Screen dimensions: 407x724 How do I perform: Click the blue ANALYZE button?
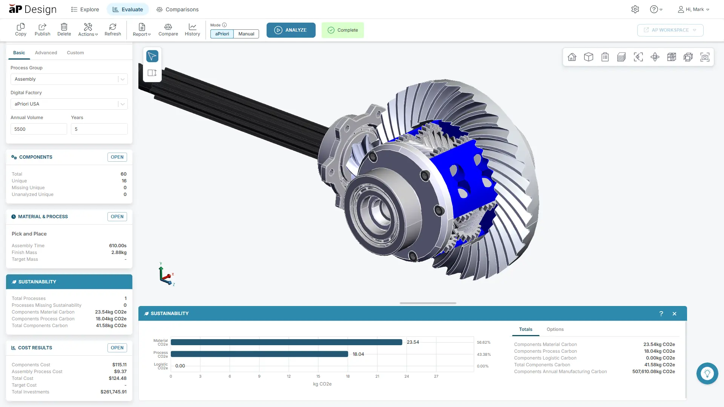click(x=291, y=30)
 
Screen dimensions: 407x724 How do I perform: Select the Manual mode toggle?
click(x=246, y=34)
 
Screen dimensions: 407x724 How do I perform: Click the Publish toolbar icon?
click(x=42, y=29)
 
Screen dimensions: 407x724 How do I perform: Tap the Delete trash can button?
click(x=64, y=29)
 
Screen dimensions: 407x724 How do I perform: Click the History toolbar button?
click(x=192, y=29)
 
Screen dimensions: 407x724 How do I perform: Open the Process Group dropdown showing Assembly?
click(x=69, y=79)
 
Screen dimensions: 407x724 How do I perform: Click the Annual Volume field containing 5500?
click(x=38, y=129)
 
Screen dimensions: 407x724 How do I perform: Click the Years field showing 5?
click(x=99, y=129)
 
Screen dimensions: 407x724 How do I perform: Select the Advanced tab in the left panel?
click(x=46, y=53)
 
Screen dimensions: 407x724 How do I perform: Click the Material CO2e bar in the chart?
click(x=286, y=342)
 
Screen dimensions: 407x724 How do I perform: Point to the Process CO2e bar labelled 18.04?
click(x=259, y=354)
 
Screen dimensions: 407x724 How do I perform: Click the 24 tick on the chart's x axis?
click(x=406, y=376)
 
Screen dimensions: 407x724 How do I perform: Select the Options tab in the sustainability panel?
click(x=555, y=329)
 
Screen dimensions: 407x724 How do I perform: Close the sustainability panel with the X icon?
click(x=674, y=314)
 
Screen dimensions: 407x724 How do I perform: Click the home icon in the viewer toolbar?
click(x=572, y=57)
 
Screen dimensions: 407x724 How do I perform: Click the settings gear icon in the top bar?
click(x=635, y=9)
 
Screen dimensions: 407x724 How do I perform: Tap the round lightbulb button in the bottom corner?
click(x=707, y=373)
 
